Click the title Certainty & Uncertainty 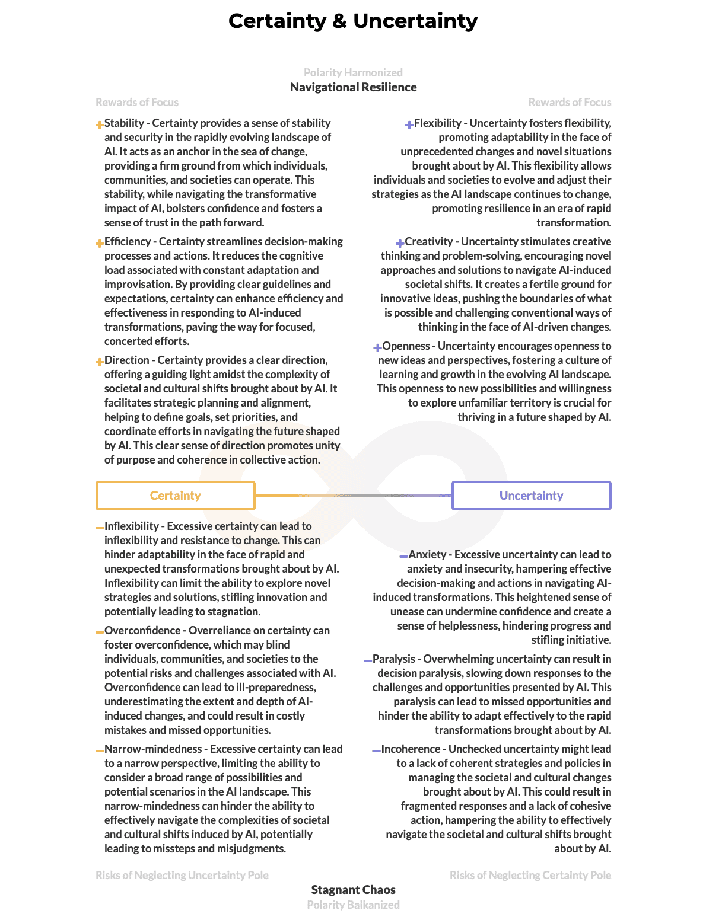tap(353, 21)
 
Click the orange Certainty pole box tap(176, 496)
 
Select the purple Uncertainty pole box tap(531, 496)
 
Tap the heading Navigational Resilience tap(353, 87)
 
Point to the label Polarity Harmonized tap(353, 73)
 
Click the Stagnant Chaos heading tap(353, 890)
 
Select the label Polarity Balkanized tap(353, 905)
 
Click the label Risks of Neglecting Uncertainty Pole tap(182, 876)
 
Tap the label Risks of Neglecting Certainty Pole tap(530, 876)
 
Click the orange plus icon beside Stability tap(100, 125)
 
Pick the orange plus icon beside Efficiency tap(100, 244)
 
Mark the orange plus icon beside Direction tap(100, 362)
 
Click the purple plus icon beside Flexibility tap(409, 125)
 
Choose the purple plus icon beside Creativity tap(400, 244)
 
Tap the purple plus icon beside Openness tap(377, 348)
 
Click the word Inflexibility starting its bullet tap(132, 526)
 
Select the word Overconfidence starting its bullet tap(142, 631)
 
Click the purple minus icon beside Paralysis tap(368, 660)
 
